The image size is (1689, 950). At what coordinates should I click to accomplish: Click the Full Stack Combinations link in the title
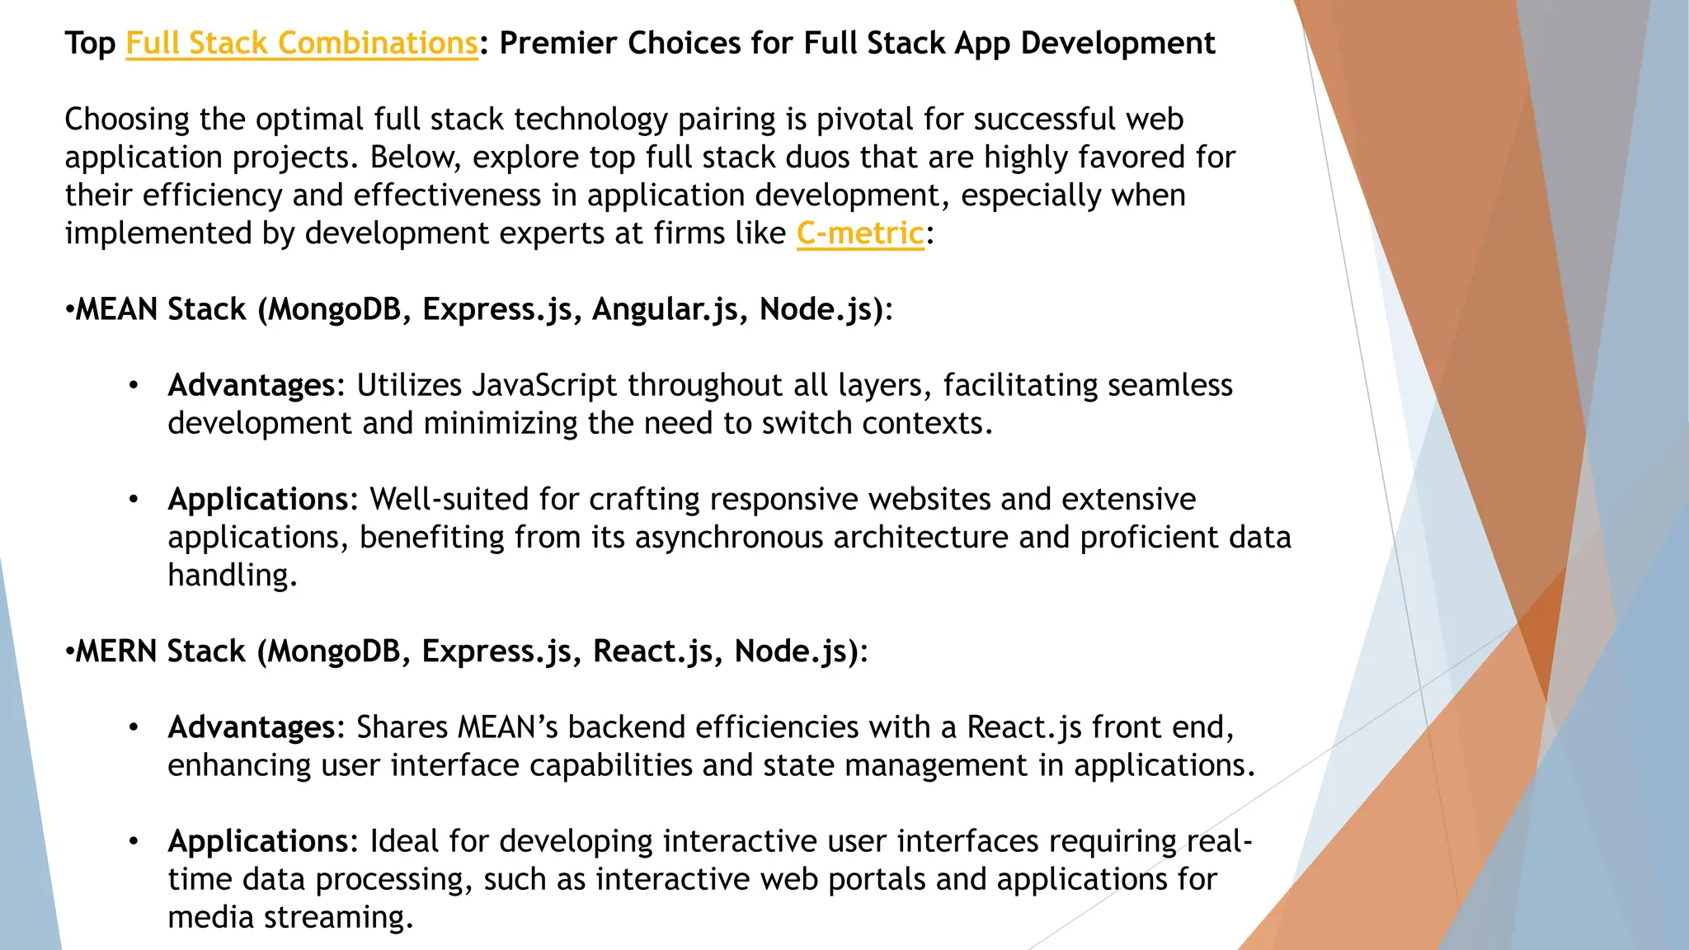tap(301, 43)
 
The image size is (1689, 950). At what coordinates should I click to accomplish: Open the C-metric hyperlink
tap(860, 233)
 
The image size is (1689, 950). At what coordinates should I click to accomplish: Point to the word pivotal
tap(865, 120)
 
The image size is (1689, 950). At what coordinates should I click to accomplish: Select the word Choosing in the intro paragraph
tap(127, 120)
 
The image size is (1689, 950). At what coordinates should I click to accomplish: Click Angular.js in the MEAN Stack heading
tap(666, 309)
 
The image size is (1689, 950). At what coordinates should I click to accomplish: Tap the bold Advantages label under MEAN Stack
tap(252, 385)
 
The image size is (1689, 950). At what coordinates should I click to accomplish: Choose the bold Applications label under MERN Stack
tap(258, 841)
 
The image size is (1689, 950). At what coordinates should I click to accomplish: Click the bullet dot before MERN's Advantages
tap(134, 727)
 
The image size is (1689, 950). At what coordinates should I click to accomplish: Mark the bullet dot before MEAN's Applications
tap(134, 500)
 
